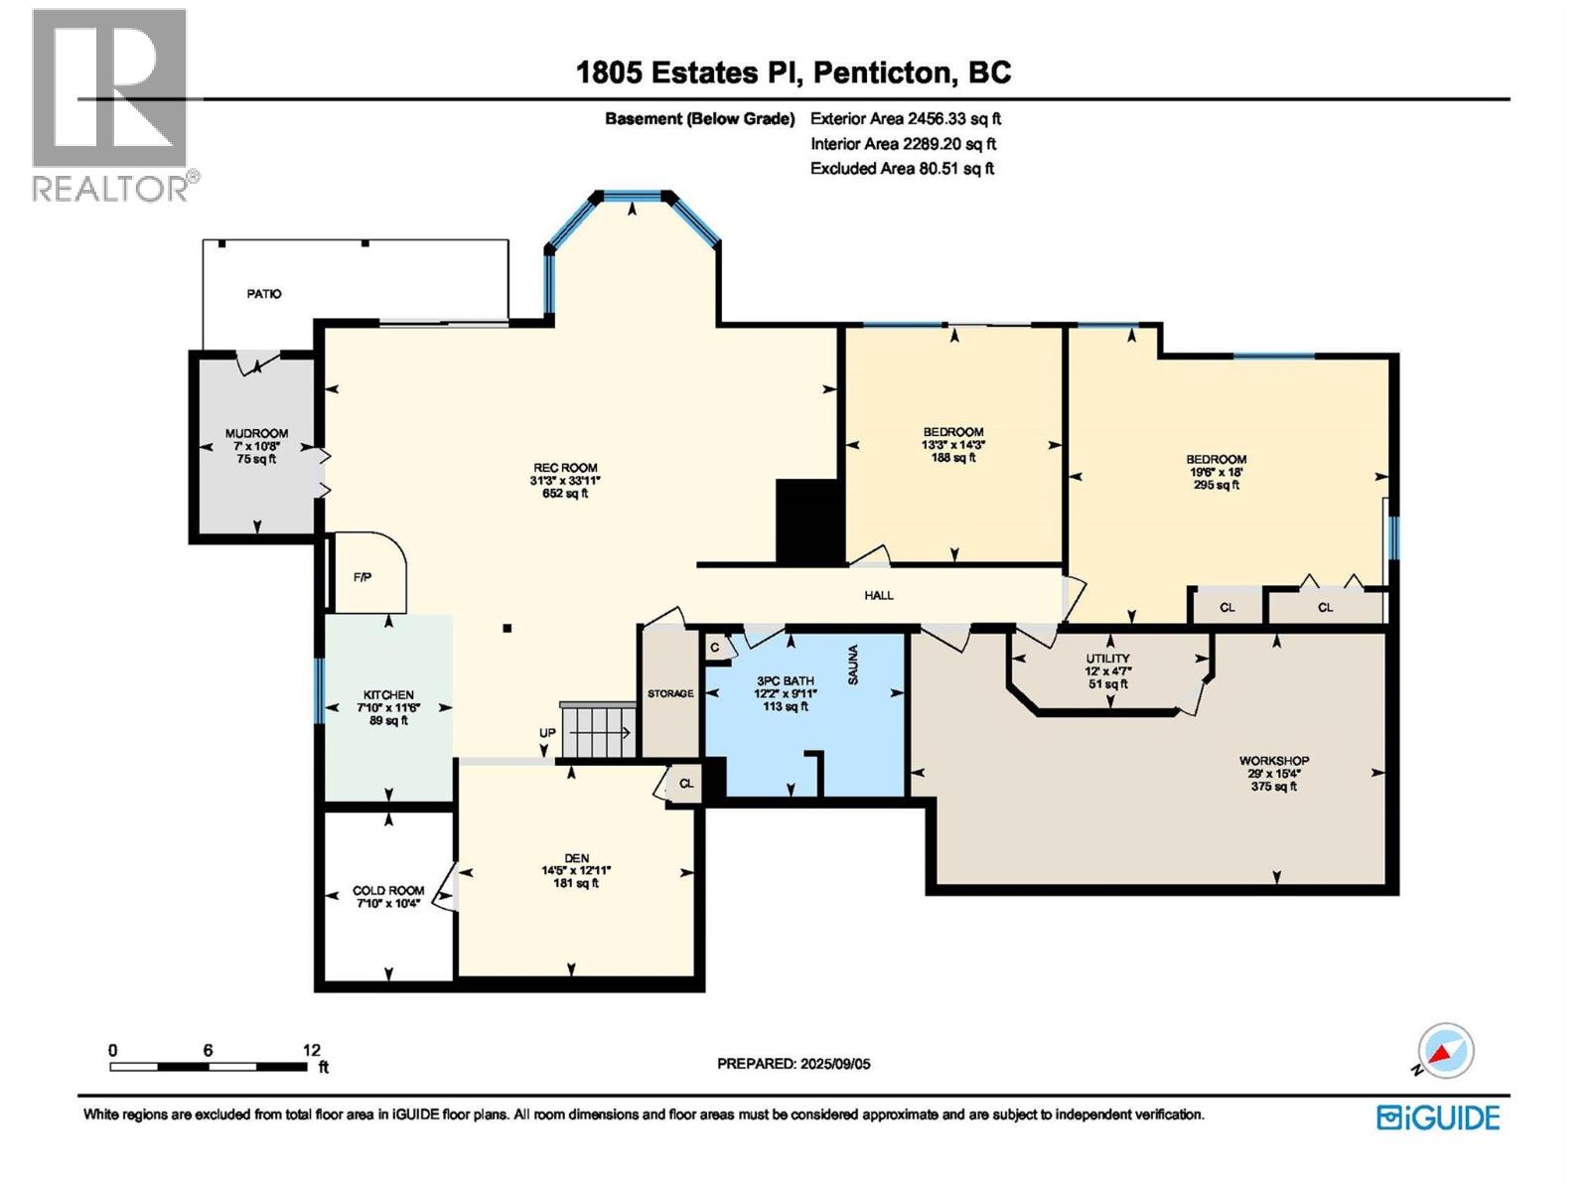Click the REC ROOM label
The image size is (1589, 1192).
pyautogui.click(x=565, y=468)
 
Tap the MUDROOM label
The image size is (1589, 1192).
pyautogui.click(x=256, y=433)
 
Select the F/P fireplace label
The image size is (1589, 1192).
pyautogui.click(x=361, y=577)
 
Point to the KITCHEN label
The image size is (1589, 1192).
pyautogui.click(x=388, y=694)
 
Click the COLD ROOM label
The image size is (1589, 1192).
pyautogui.click(x=388, y=890)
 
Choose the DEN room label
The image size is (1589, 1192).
pyautogui.click(x=576, y=857)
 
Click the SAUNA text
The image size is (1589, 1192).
pyautogui.click(x=852, y=665)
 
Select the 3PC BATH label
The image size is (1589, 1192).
pyautogui.click(x=785, y=681)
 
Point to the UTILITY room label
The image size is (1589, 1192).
pyautogui.click(x=1107, y=658)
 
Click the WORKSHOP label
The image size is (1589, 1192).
pyautogui.click(x=1273, y=761)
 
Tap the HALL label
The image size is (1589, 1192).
pyautogui.click(x=878, y=595)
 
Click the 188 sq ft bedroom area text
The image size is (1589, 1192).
pyautogui.click(x=952, y=457)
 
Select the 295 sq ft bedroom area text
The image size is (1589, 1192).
pyautogui.click(x=1216, y=485)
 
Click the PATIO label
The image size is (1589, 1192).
pyautogui.click(x=263, y=294)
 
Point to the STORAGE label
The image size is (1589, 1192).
pyautogui.click(x=669, y=693)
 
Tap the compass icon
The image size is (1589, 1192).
pyautogui.click(x=1444, y=1051)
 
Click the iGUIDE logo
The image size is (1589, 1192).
pyautogui.click(x=1437, y=1117)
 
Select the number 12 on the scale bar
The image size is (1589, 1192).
pyautogui.click(x=311, y=1049)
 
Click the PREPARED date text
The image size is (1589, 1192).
pyautogui.click(x=794, y=1064)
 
